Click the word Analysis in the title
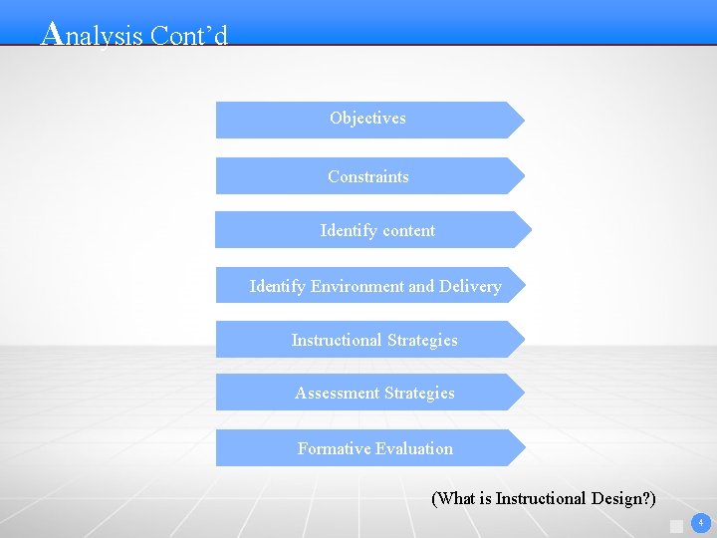[93, 35]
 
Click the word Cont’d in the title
[189, 36]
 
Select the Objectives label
[367, 118]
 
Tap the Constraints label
[367, 176]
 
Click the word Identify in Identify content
[344, 230]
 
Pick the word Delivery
[470, 286]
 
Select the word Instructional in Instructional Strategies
[335, 340]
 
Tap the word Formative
[334, 448]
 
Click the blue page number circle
[701, 523]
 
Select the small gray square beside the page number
[677, 526]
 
